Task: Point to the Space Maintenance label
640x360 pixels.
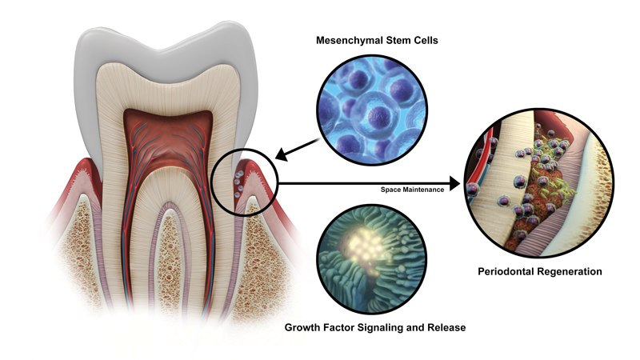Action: click(x=413, y=190)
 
